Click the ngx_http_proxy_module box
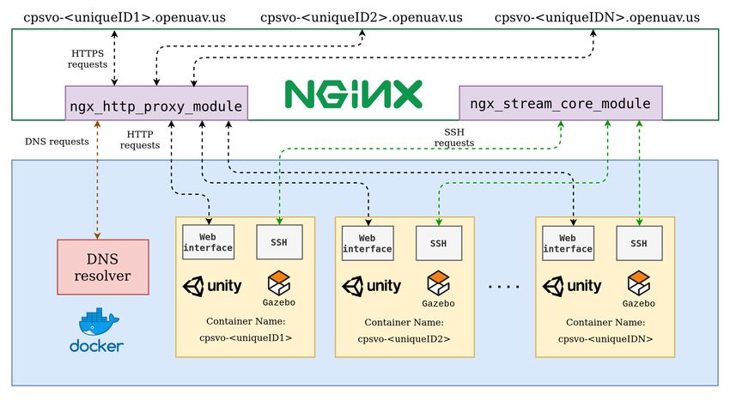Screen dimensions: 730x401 click(156, 103)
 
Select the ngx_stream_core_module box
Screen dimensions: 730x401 click(561, 103)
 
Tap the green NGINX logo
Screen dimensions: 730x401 click(353, 94)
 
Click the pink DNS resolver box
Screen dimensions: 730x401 click(103, 267)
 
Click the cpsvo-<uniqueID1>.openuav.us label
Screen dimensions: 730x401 click(125, 18)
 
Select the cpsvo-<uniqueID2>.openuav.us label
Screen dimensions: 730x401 click(362, 18)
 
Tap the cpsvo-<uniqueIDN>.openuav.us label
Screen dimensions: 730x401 click(597, 18)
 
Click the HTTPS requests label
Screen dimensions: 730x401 click(88, 58)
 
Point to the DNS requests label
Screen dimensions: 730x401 click(57, 142)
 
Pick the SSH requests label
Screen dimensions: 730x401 click(454, 137)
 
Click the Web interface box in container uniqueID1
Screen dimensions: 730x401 click(208, 242)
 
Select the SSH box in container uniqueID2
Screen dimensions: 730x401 click(439, 243)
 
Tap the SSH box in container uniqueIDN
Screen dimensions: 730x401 click(639, 243)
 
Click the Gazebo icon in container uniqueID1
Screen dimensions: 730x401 click(279, 289)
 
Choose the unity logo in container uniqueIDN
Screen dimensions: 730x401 click(572, 286)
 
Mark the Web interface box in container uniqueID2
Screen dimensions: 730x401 click(368, 243)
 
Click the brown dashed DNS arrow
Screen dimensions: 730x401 click(97, 180)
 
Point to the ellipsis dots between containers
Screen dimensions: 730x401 click(504, 287)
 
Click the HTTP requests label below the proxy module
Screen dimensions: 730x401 click(140, 140)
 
